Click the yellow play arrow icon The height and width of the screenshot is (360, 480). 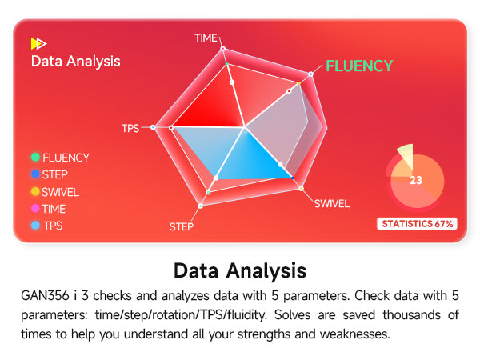pyautogui.click(x=38, y=43)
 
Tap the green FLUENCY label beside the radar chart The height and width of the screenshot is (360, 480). pyautogui.click(x=359, y=66)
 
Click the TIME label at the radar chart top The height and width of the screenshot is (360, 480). pyautogui.click(x=206, y=38)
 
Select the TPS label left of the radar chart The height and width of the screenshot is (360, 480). pyautogui.click(x=130, y=128)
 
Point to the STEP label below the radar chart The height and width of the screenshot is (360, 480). pyautogui.click(x=182, y=226)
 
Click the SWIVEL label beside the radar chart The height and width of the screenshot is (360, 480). pyautogui.click(x=332, y=203)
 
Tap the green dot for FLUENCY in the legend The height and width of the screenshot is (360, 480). pyautogui.click(x=35, y=157)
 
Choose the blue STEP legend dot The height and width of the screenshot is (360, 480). pyautogui.click(x=35, y=174)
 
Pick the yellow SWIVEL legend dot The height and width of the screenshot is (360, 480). pyautogui.click(x=35, y=191)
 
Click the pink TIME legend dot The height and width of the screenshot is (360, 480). pyautogui.click(x=35, y=209)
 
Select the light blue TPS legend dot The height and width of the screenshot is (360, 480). pyautogui.click(x=35, y=226)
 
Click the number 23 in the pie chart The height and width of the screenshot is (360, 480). pyautogui.click(x=416, y=180)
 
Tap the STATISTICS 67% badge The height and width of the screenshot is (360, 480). pyautogui.click(x=418, y=224)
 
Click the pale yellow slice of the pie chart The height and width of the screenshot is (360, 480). pyautogui.click(x=406, y=156)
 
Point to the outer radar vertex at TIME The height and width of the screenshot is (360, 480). pyautogui.click(x=223, y=48)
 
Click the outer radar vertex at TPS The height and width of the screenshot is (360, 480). pyautogui.click(x=153, y=127)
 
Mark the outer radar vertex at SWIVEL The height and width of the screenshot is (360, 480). pyautogui.click(x=302, y=188)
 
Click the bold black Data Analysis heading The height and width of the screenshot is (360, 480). pyautogui.click(x=240, y=270)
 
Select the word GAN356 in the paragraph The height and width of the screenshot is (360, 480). pyautogui.click(x=45, y=296)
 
